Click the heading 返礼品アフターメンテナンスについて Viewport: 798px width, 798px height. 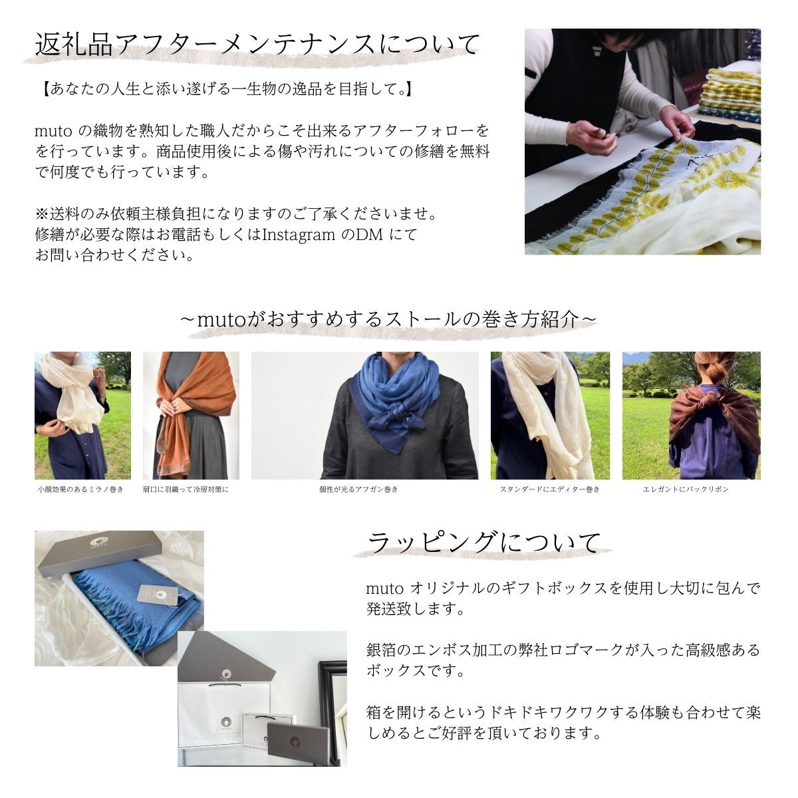coord(257,45)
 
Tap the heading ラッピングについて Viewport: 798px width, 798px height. coord(484,543)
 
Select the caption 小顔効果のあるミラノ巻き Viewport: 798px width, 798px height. coord(81,489)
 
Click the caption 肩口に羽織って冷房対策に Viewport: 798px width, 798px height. coord(186,489)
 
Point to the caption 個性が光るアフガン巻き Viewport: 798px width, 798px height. coord(364,489)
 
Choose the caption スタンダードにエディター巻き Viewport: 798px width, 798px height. coord(549,489)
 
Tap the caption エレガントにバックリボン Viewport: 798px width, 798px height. coord(690,489)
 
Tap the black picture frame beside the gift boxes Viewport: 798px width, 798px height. coord(332,705)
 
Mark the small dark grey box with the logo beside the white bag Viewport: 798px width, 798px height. coord(297,743)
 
